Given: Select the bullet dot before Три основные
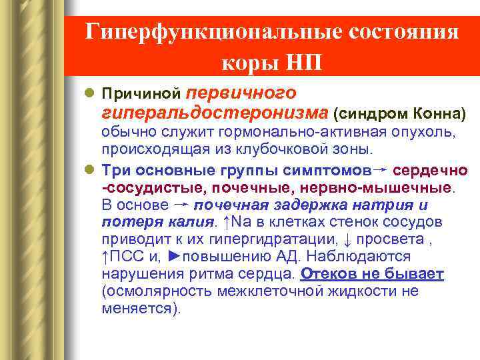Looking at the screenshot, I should [x=92, y=169].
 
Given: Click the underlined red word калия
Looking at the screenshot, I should [x=190, y=221].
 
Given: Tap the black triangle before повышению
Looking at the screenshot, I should [x=175, y=257].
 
